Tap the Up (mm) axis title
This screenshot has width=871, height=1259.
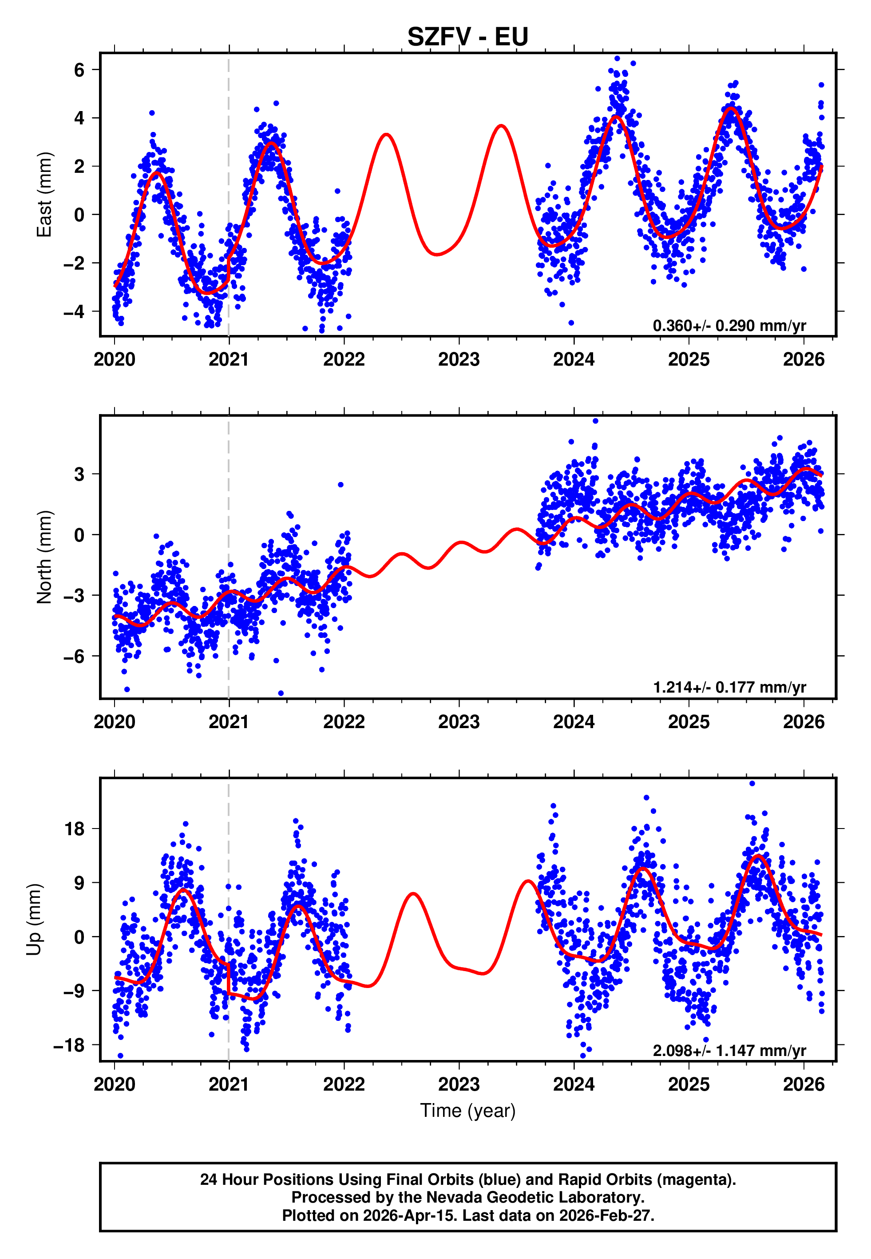(34, 920)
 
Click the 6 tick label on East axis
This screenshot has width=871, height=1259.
(79, 70)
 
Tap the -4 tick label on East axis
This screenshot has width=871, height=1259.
(74, 312)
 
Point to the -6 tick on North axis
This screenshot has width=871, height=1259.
(74, 656)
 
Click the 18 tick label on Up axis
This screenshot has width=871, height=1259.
(75, 829)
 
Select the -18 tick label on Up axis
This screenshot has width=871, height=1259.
(69, 1045)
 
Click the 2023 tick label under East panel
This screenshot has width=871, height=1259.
(459, 360)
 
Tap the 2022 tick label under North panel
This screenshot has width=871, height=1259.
(344, 722)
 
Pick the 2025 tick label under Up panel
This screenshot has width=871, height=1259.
(688, 1084)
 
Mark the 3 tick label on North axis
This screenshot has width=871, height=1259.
(79, 474)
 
